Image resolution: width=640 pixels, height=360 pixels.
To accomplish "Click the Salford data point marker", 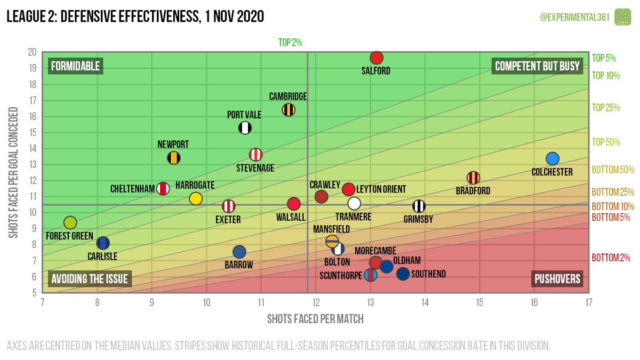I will [x=377, y=58].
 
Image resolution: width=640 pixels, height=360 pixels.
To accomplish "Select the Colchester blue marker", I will [x=552, y=158].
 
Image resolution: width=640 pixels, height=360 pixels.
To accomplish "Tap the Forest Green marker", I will [x=70, y=222].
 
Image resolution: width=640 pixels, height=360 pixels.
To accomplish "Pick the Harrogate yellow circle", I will [x=196, y=199].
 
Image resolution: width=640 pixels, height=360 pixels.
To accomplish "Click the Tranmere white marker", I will [x=354, y=203].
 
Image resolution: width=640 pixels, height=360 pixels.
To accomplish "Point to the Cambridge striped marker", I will [x=289, y=110].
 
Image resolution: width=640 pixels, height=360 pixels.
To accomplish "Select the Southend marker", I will [x=403, y=274].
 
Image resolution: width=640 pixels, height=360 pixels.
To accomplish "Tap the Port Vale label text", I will [x=244, y=115].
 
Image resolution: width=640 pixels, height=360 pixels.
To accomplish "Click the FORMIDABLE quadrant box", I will [x=75, y=66].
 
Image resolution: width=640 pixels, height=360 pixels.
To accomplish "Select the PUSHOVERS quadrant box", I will [x=557, y=279].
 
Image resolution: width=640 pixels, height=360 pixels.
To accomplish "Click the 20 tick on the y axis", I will [x=33, y=52].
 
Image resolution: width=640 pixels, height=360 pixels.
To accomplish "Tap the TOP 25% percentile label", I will [x=606, y=108].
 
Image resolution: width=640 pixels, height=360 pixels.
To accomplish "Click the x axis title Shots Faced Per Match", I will [x=315, y=319].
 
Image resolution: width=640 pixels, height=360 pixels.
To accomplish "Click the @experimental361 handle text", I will [x=572, y=17].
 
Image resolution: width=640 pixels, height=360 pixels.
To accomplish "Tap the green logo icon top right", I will [x=622, y=17].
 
